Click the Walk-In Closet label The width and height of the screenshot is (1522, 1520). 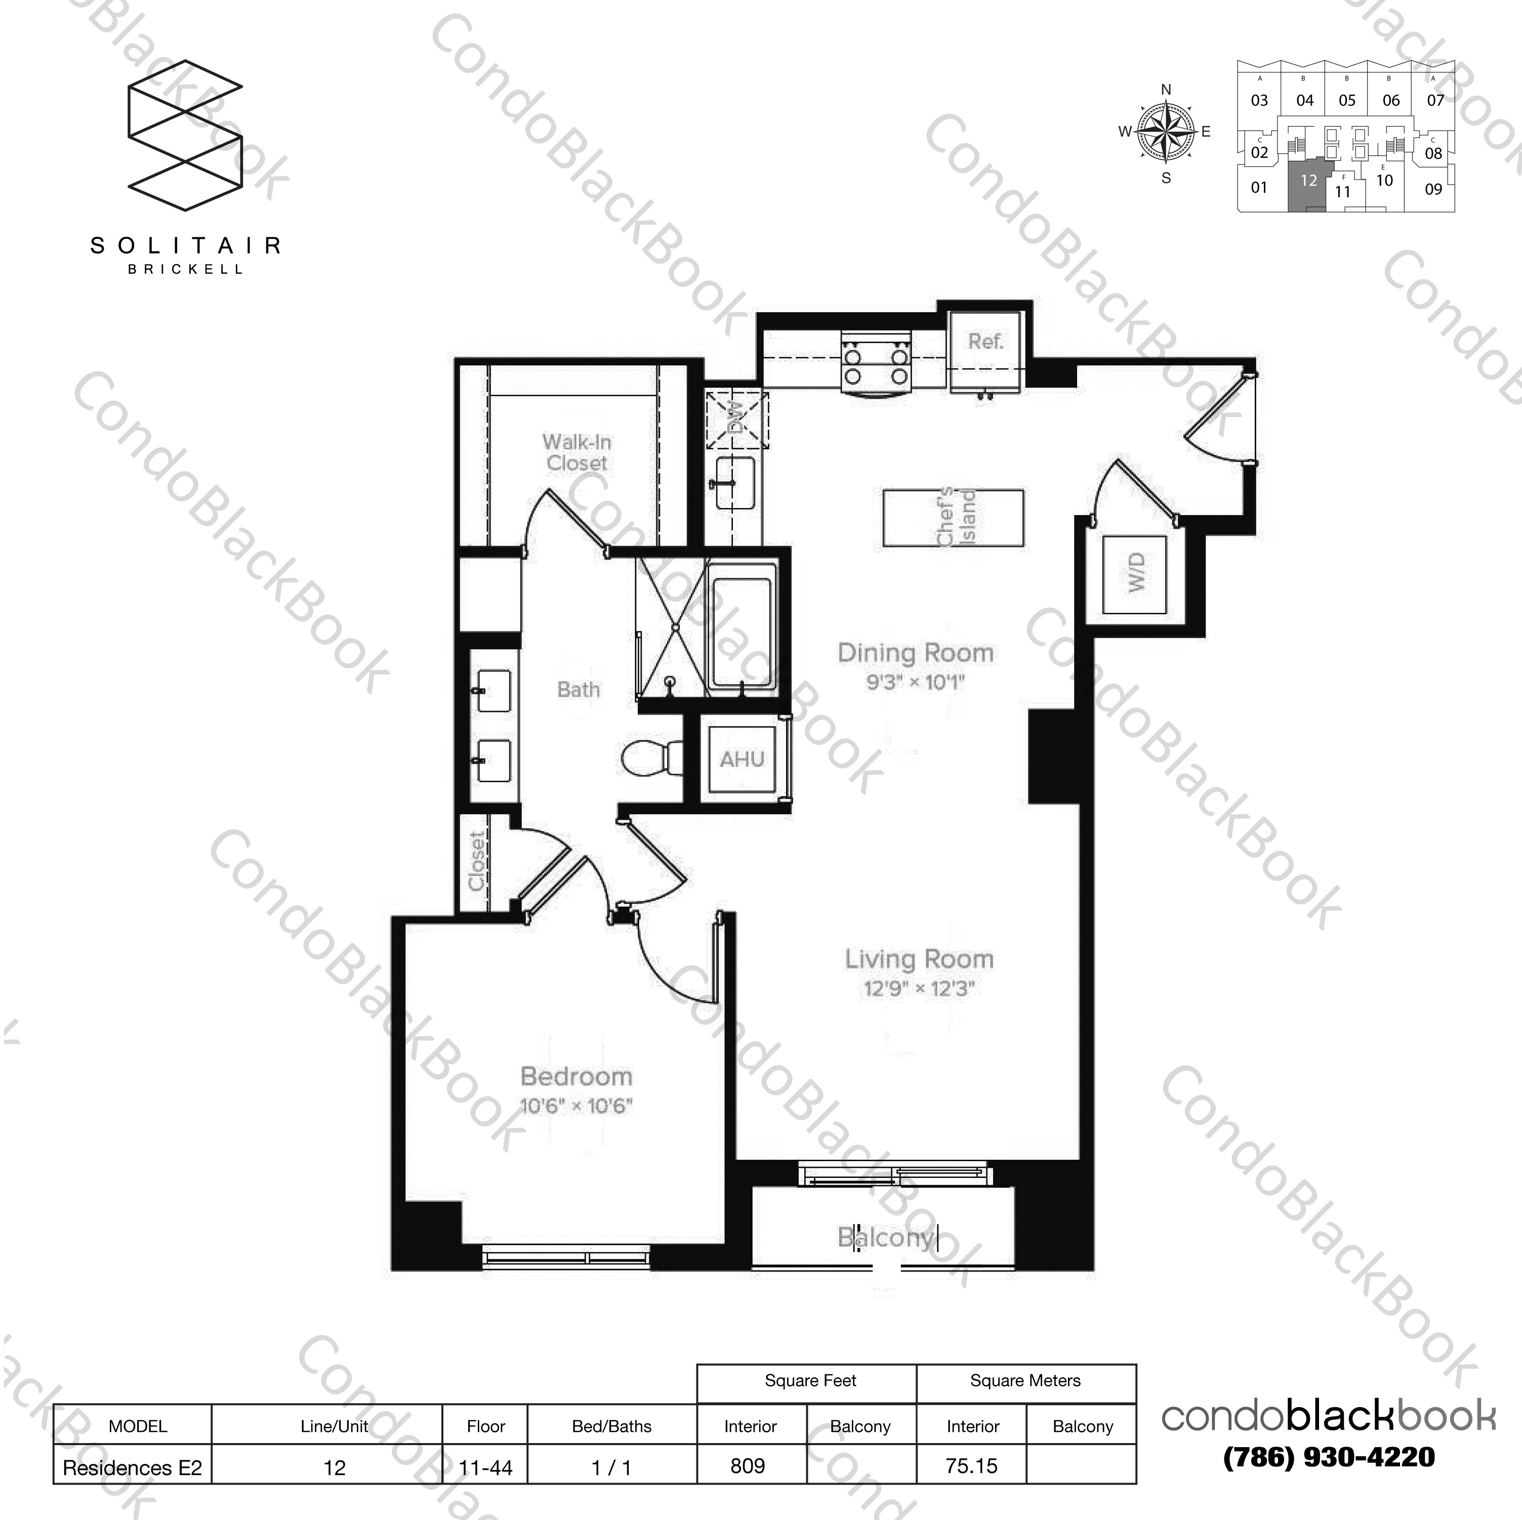[577, 453]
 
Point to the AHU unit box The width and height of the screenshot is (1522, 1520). [742, 759]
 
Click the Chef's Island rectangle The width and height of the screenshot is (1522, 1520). [953, 518]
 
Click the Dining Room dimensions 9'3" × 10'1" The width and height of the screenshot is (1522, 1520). [916, 682]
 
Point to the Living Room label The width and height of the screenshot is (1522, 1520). [919, 959]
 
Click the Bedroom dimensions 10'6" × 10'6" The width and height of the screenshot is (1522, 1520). [576, 1106]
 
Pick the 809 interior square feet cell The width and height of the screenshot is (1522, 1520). [749, 1466]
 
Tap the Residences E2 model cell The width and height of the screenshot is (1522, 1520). [132, 1468]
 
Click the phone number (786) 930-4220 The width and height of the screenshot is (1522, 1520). [1328, 1457]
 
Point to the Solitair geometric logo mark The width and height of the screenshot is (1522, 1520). [185, 136]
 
